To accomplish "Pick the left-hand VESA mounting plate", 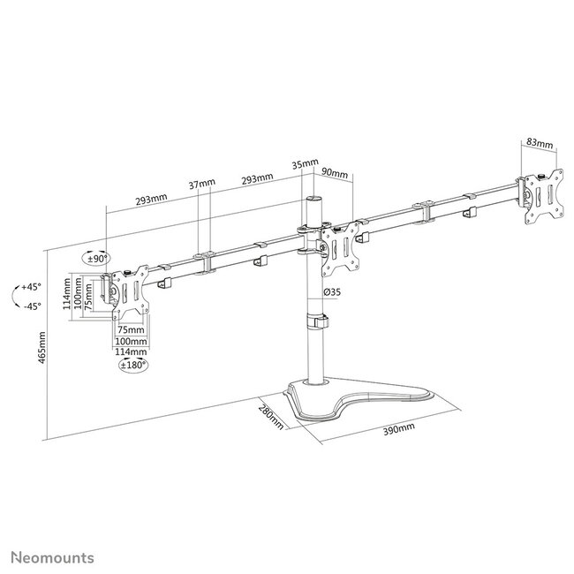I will coord(127,298).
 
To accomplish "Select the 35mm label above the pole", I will coord(303,163).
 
